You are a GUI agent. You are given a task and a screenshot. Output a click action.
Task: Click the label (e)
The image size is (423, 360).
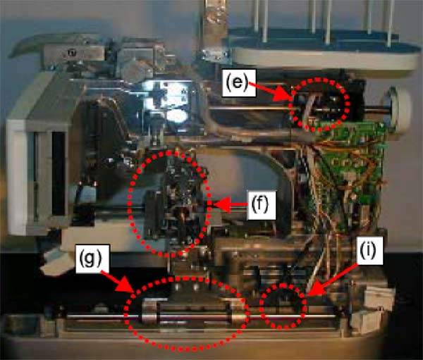click(238, 83)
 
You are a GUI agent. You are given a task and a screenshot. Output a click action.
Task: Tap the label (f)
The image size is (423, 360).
click(261, 205)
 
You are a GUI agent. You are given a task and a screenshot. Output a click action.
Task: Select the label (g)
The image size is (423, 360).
click(92, 259)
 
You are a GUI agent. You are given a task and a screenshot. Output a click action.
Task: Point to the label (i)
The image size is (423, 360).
click(369, 251)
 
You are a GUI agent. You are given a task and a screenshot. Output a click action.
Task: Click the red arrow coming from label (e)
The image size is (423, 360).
click(271, 92)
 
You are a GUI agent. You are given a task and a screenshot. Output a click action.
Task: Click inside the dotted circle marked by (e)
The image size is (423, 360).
click(320, 104)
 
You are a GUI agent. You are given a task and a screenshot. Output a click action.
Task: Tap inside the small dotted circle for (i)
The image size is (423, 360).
click(283, 306)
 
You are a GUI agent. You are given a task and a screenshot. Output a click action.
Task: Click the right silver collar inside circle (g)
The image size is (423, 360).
click(239, 311)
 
